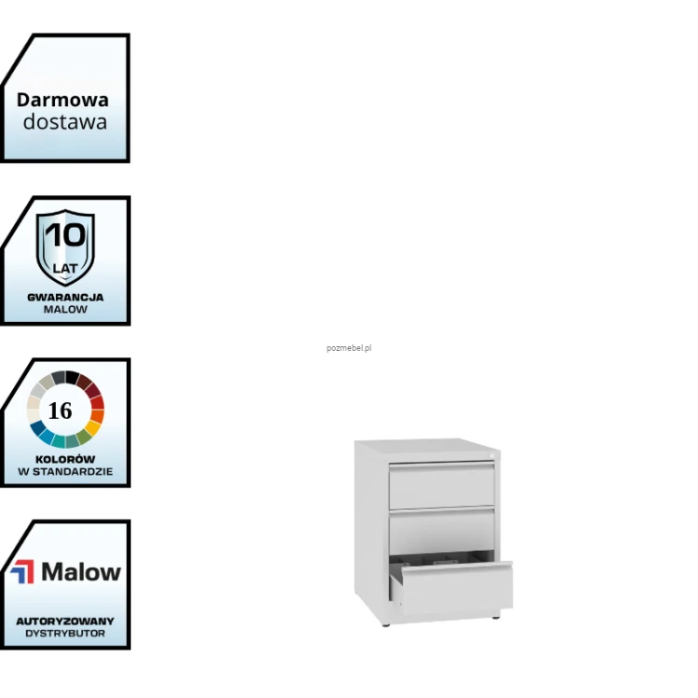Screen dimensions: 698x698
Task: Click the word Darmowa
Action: click(62, 100)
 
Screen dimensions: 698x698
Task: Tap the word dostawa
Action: click(65, 122)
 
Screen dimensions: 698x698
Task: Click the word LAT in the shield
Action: click(65, 268)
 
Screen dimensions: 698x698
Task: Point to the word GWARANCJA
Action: click(65, 298)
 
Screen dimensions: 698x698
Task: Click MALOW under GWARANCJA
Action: click(65, 309)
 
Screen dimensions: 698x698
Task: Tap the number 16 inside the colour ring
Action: click(60, 410)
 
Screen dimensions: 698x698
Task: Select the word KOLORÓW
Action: click(65, 459)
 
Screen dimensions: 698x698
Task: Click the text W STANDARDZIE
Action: click(65, 472)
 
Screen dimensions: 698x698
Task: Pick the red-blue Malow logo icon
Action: click(22, 571)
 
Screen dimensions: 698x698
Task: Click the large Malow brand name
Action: click(81, 572)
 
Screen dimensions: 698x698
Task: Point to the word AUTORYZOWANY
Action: click(65, 621)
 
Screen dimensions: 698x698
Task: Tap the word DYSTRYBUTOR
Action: click(65, 634)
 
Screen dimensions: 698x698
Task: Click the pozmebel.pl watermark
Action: click(349, 348)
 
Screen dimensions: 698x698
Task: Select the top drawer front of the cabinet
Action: click(441, 485)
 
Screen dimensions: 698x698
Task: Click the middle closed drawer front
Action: click(441, 531)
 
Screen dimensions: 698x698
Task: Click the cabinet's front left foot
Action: click(386, 624)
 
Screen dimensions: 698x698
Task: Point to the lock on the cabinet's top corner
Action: click(489, 455)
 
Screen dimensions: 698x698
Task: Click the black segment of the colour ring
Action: click(72, 378)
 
